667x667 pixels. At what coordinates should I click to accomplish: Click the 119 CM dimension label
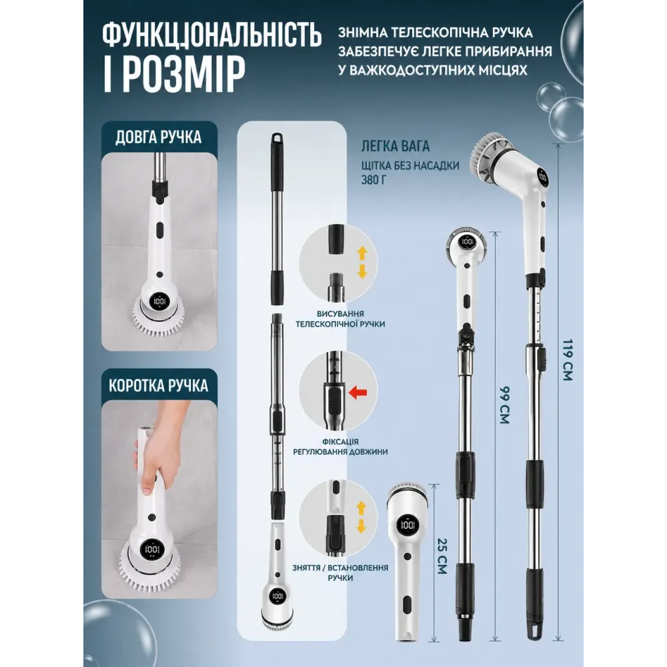click(568, 360)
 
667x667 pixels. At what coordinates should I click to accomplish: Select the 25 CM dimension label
click(442, 556)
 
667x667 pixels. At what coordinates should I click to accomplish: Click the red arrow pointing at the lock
click(358, 392)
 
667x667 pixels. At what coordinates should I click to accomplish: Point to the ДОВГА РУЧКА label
click(158, 137)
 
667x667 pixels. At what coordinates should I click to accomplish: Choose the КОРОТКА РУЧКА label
click(158, 386)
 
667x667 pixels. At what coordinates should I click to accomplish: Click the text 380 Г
click(374, 180)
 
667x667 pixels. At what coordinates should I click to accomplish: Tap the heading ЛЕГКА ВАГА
click(396, 146)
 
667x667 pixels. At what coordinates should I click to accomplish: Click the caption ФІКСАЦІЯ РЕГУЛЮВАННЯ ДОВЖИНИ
click(340, 447)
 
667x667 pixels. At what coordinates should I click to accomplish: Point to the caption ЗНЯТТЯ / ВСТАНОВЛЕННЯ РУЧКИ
click(340, 572)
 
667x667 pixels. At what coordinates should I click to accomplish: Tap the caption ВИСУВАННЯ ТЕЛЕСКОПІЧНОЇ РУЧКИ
click(340, 319)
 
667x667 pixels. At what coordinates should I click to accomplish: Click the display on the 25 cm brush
click(407, 526)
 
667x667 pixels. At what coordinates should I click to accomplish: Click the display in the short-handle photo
click(152, 550)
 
